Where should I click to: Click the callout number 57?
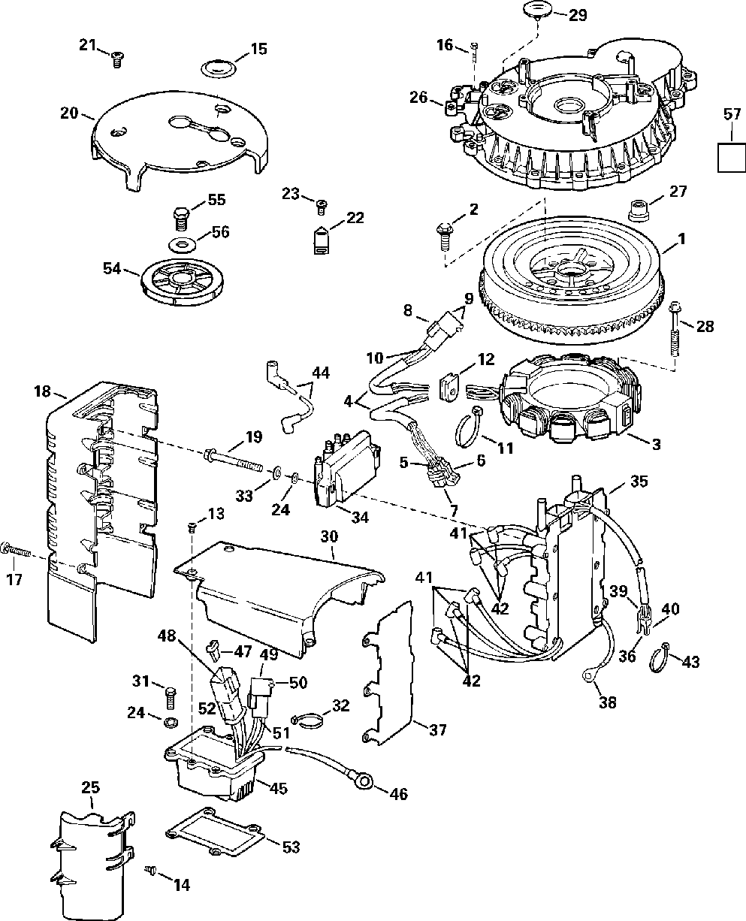(x=732, y=114)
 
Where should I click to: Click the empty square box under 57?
(x=732, y=158)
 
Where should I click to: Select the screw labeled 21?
(x=116, y=59)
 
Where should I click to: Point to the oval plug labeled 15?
(x=219, y=69)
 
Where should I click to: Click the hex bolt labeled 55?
(x=181, y=219)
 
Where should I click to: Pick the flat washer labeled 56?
(x=181, y=246)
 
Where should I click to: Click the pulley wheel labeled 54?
(x=183, y=281)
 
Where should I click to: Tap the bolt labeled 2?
(x=445, y=236)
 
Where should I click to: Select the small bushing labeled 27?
(x=639, y=210)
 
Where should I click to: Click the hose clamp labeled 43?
(x=659, y=658)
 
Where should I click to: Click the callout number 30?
(x=330, y=536)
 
